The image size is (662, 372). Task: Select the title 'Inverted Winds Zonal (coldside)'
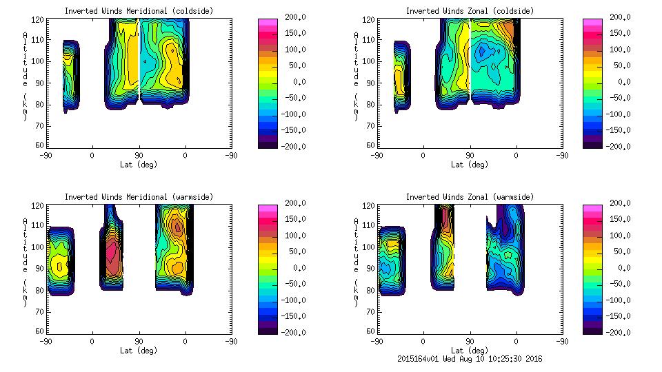click(470, 11)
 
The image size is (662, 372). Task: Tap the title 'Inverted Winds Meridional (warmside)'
click(139, 197)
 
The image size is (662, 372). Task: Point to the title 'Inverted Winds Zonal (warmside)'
click(470, 197)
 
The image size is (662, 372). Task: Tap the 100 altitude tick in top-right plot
click(369, 61)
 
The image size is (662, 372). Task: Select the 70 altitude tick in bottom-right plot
click(369, 311)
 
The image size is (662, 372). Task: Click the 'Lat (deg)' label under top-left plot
click(139, 165)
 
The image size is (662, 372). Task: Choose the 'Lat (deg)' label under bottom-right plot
click(470, 349)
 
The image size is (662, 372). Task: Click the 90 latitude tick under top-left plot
click(139, 155)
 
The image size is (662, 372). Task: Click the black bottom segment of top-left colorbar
click(266, 144)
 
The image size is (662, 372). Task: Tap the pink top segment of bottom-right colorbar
click(592, 208)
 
